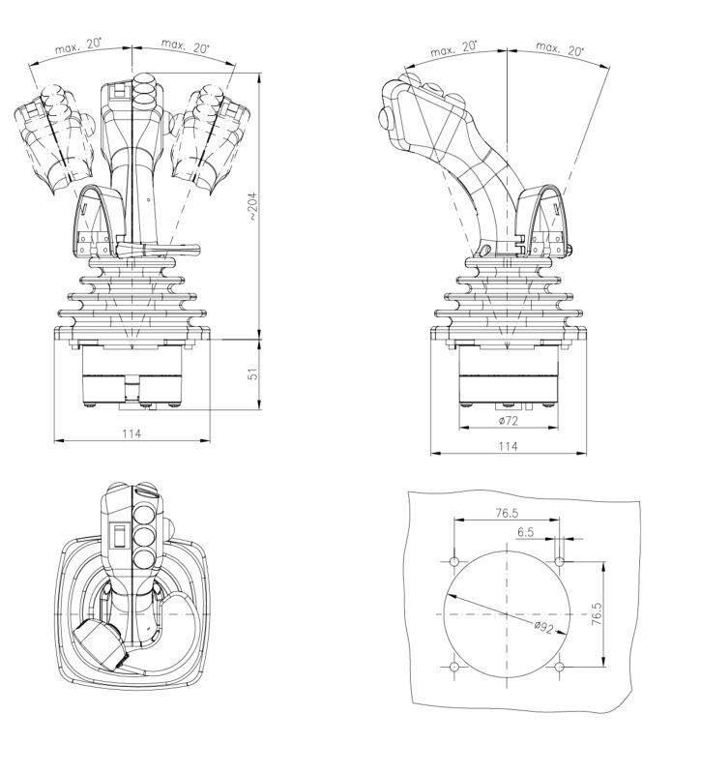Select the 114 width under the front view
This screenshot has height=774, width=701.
(131, 434)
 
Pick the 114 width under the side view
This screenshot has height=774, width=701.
(508, 445)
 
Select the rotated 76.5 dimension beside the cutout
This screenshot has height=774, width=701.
(596, 615)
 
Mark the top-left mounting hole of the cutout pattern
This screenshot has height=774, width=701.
(454, 561)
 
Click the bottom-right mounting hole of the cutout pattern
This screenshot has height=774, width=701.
(560, 667)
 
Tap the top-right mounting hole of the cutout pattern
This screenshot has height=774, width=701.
(560, 561)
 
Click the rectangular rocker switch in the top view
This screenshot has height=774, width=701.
(120, 535)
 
